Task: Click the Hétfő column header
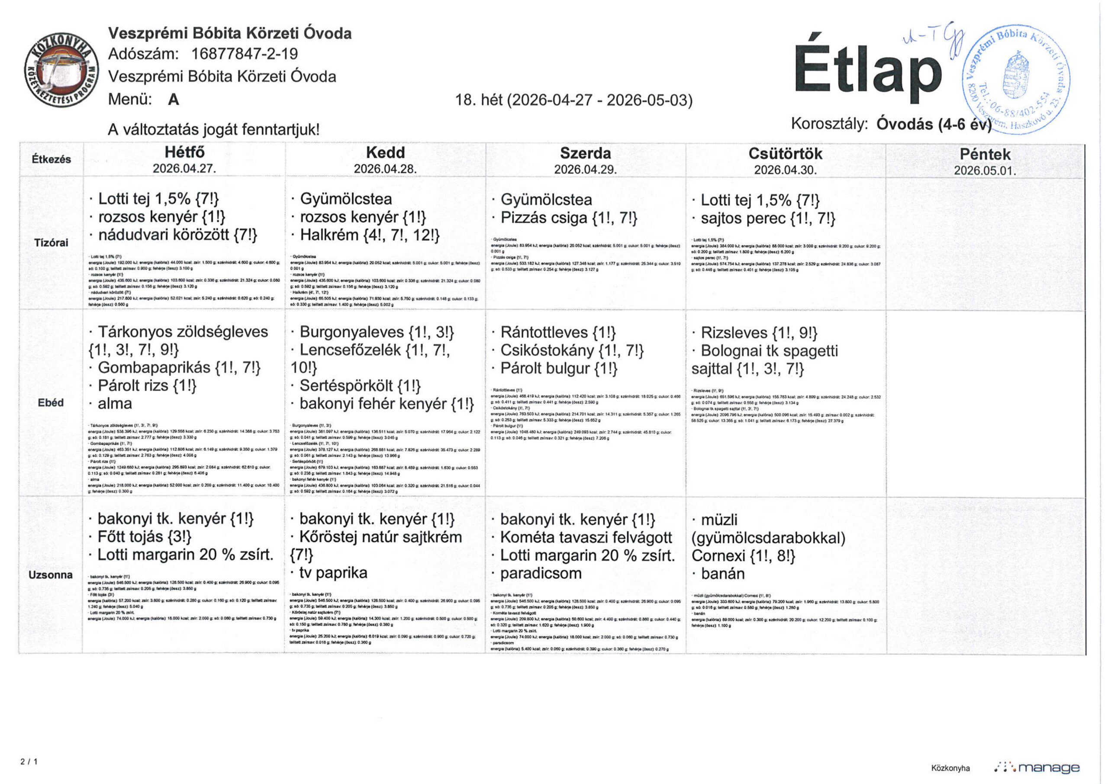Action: coord(184,152)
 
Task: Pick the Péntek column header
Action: coord(985,155)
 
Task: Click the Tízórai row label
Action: coord(51,242)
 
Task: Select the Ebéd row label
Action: coord(51,402)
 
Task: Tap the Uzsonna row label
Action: coord(51,574)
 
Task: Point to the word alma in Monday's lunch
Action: coord(114,403)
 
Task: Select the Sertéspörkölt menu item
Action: coord(346,386)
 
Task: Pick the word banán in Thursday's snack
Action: coord(722,574)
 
